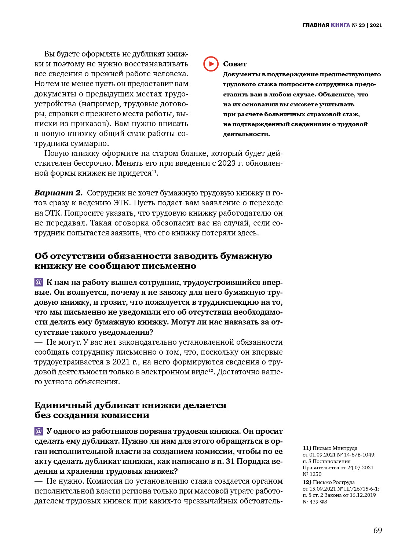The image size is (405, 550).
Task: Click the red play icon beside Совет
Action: click(x=211, y=64)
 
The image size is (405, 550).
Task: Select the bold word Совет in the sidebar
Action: click(x=235, y=64)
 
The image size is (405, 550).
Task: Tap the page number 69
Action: click(x=377, y=531)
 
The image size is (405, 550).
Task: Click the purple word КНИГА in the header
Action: click(x=340, y=25)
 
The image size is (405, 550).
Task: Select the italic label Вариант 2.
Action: click(x=58, y=193)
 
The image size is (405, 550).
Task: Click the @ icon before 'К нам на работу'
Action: click(x=39, y=282)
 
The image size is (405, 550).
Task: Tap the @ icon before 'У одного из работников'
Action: click(x=39, y=431)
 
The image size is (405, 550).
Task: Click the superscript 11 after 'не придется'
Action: click(x=154, y=172)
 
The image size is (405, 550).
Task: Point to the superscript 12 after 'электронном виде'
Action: click(x=211, y=370)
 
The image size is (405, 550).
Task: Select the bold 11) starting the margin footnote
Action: click(x=307, y=448)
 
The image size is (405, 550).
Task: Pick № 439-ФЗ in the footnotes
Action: click(x=315, y=502)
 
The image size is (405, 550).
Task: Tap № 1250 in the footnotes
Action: click(x=312, y=474)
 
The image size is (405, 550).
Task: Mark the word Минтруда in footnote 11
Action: click(x=345, y=448)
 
